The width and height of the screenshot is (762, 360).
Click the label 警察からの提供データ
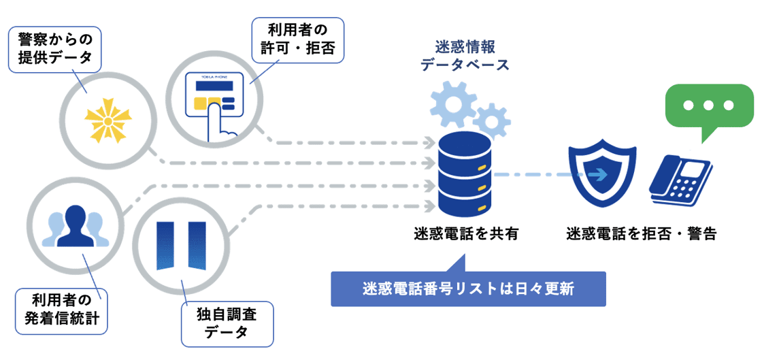[54, 49]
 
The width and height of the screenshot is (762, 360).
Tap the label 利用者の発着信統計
[62, 310]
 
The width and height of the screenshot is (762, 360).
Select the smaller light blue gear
[491, 120]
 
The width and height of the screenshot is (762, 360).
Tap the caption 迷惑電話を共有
[466, 234]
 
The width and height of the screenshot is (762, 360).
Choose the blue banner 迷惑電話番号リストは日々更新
[468, 289]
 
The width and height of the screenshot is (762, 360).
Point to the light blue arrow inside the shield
[598, 175]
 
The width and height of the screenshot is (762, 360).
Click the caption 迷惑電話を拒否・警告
[641, 234]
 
